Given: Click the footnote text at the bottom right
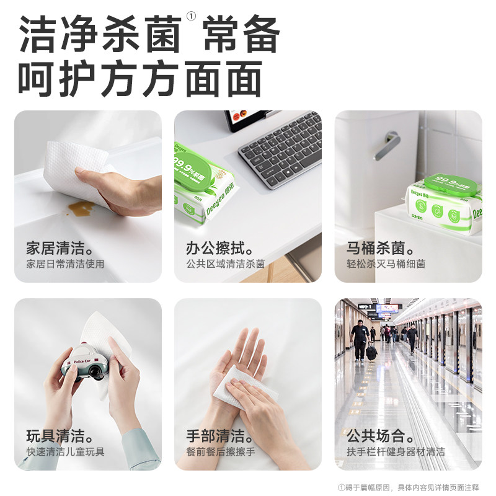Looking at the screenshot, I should tap(409, 487).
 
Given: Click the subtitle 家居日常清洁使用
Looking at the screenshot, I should tap(65, 264).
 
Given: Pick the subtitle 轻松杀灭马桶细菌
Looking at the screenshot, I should tap(386, 264).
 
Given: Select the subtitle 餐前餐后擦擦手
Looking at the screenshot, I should tap(220, 451).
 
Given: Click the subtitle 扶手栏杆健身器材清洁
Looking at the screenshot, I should tap(396, 451).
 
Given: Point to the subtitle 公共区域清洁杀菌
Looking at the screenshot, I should tap(225, 264).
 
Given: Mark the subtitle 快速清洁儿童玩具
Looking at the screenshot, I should tap(65, 451).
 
